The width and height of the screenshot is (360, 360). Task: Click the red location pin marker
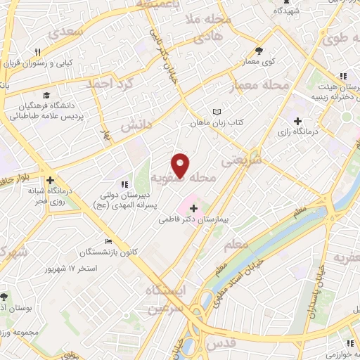point(181,165)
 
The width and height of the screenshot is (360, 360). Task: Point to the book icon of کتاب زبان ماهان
point(217,112)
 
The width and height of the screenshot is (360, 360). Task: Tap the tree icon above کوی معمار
point(259,50)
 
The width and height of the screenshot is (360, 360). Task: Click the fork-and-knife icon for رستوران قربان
point(38,51)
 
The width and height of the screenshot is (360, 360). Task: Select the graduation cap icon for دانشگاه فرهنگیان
point(46,94)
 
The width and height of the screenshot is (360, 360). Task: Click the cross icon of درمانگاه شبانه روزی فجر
point(49,179)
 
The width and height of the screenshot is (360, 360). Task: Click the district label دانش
point(137,124)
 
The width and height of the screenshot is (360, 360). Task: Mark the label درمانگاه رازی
point(325,131)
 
